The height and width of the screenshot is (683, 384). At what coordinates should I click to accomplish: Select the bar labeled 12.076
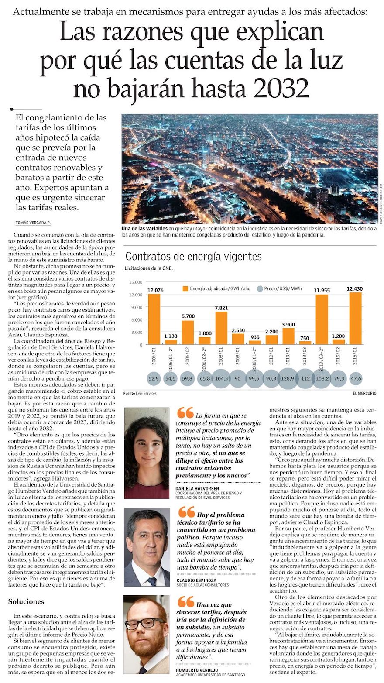[154, 319]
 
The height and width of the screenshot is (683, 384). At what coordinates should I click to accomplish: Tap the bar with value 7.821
[221, 328]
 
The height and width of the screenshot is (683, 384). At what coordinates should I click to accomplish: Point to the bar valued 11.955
[322, 319]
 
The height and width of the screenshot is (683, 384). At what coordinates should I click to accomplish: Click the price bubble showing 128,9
[288, 378]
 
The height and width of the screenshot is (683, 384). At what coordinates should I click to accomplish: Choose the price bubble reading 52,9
[154, 378]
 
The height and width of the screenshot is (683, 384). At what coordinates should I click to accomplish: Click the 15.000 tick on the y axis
[136, 282]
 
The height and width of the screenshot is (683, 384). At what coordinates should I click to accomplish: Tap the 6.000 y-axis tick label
[136, 320]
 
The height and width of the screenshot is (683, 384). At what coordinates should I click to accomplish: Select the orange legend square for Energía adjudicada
[185, 288]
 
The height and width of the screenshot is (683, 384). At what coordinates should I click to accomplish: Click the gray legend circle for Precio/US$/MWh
[260, 288]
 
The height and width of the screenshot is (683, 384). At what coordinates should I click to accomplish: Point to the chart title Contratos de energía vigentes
[193, 256]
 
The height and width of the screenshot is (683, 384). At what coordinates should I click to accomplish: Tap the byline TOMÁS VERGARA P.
[33, 223]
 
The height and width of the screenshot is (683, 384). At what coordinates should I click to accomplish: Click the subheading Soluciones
[26, 601]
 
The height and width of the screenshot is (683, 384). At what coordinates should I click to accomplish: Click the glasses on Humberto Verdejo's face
[144, 623]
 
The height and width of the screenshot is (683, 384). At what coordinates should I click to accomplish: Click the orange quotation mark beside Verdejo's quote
[186, 602]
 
